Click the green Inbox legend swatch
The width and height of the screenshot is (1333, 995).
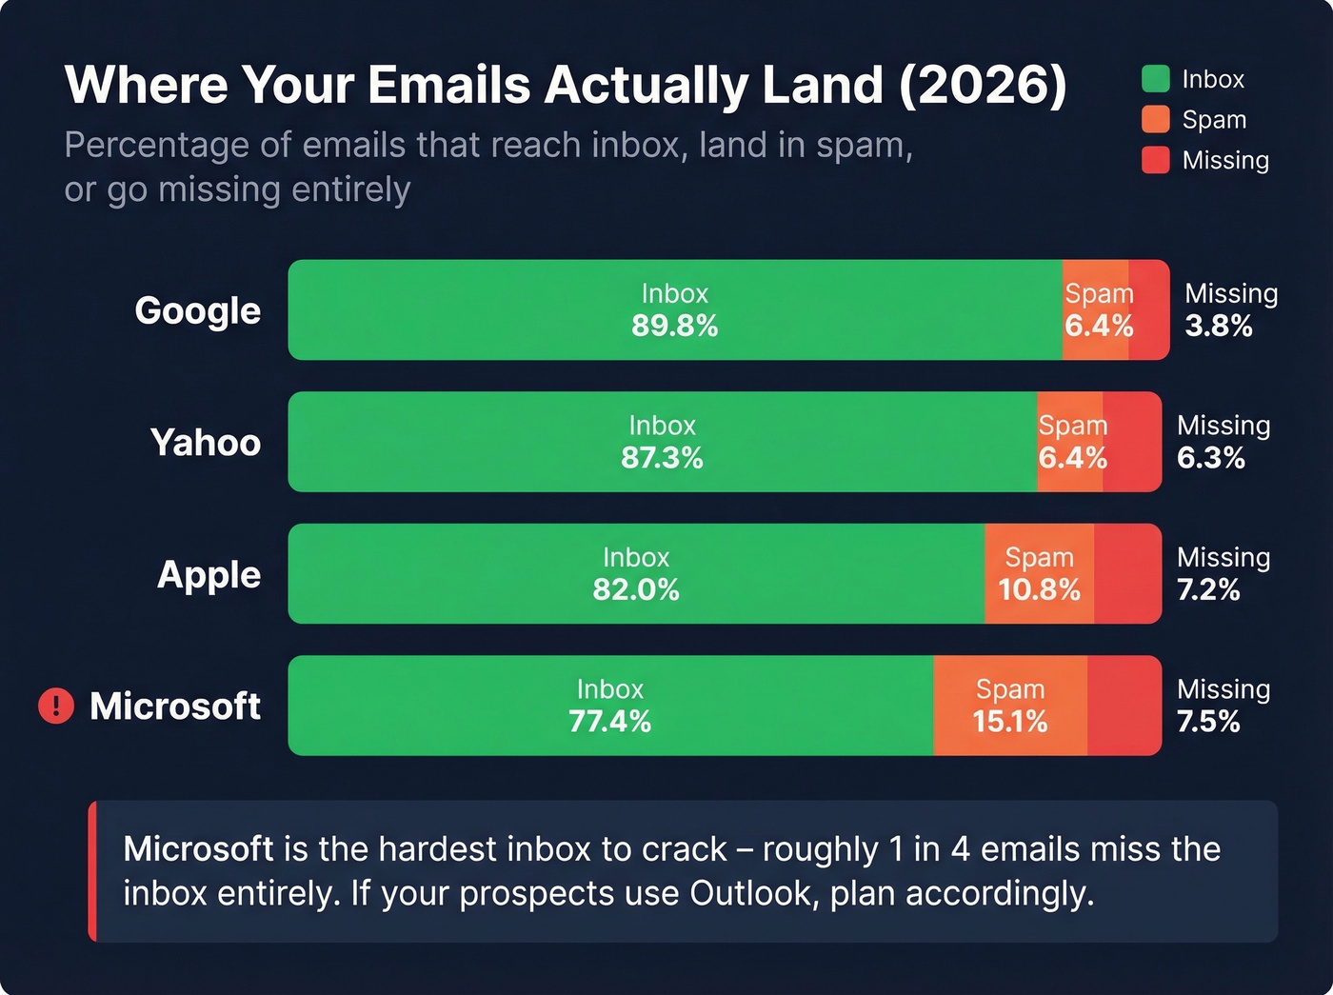tap(1155, 79)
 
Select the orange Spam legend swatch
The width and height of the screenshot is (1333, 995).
tap(1155, 120)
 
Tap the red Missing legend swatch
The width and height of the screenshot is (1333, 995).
tap(1155, 160)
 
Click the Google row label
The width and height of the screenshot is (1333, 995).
tap(197, 310)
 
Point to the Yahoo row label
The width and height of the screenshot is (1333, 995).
tap(205, 443)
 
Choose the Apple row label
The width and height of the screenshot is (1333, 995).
tap(209, 575)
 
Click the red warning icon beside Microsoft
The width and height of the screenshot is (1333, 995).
tap(56, 706)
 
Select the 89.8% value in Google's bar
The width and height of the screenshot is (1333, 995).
tap(674, 327)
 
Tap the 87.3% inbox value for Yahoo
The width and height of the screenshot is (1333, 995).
tap(662, 458)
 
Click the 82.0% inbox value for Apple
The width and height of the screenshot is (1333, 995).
tap(636, 590)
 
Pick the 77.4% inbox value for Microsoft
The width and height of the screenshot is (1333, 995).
tap(609, 722)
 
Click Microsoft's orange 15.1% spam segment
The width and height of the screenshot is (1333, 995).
tap(1010, 706)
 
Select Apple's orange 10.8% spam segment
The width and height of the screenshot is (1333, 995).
tap(1039, 574)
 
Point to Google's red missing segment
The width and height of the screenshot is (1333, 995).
tap(1149, 310)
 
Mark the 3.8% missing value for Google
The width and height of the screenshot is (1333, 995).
tap(1218, 327)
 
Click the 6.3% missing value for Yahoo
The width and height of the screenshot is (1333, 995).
tap(1210, 458)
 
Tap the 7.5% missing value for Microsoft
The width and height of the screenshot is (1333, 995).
tap(1208, 722)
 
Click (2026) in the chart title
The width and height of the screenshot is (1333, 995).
tap(982, 86)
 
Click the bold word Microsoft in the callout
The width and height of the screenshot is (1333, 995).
tap(198, 849)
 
